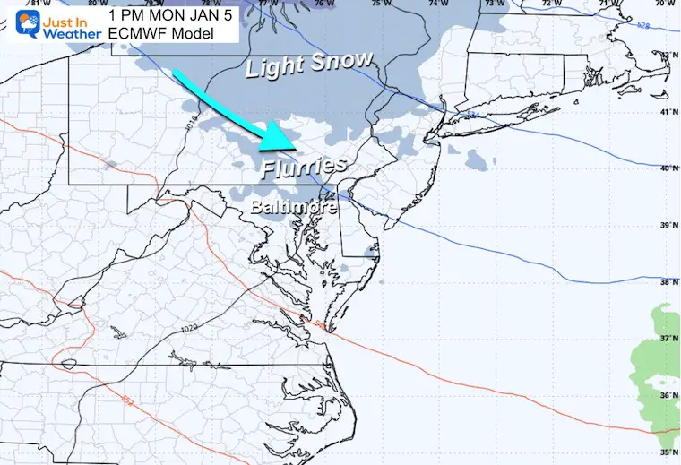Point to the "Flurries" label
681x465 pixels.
tap(305, 166)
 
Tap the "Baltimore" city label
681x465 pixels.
tap(293, 207)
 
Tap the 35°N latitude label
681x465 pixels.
tap(670, 452)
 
